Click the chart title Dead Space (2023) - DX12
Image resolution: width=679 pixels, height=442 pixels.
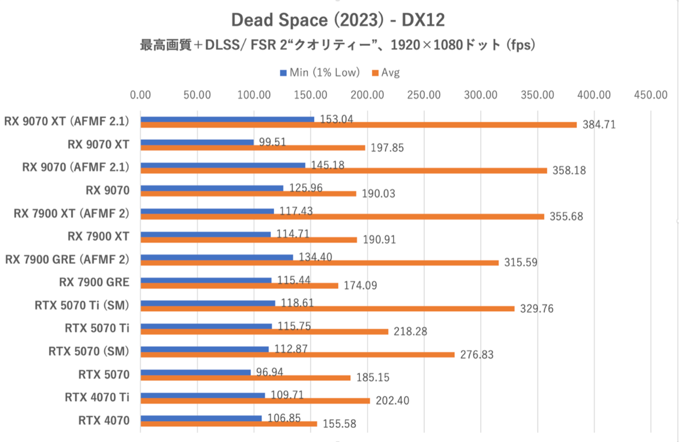tap(338, 20)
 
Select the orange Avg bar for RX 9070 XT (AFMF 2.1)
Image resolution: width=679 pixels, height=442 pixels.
tap(358, 125)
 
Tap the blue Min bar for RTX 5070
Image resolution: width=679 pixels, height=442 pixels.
tap(195, 372)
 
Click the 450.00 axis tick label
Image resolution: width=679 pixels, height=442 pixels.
tap(651, 95)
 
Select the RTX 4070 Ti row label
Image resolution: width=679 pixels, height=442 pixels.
tap(97, 397)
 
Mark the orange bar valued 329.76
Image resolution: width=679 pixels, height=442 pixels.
tap(327, 308)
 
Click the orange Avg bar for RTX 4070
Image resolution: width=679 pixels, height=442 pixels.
tap(229, 423)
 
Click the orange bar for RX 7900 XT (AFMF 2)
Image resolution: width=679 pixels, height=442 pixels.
tap(342, 216)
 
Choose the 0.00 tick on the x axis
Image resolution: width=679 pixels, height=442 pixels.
tap(140, 95)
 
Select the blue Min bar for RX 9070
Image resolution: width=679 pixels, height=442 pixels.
tap(212, 188)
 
